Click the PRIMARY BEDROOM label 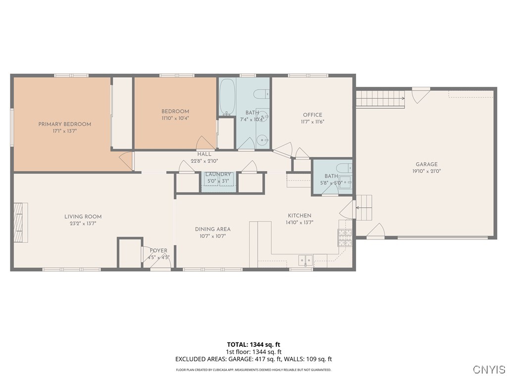65,124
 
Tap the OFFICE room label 312,115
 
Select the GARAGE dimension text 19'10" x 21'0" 426,171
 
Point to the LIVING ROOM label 83,217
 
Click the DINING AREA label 213,229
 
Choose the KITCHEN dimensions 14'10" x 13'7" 300,222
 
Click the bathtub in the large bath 227,96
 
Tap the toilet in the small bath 344,168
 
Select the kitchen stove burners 345,238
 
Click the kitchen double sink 305,260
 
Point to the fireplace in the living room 21,222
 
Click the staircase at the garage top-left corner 381,98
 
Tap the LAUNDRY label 218,174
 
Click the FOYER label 158,250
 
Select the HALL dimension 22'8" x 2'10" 204,161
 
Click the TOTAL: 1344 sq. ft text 253,344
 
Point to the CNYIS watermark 489,369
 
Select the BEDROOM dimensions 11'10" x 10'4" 175,118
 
